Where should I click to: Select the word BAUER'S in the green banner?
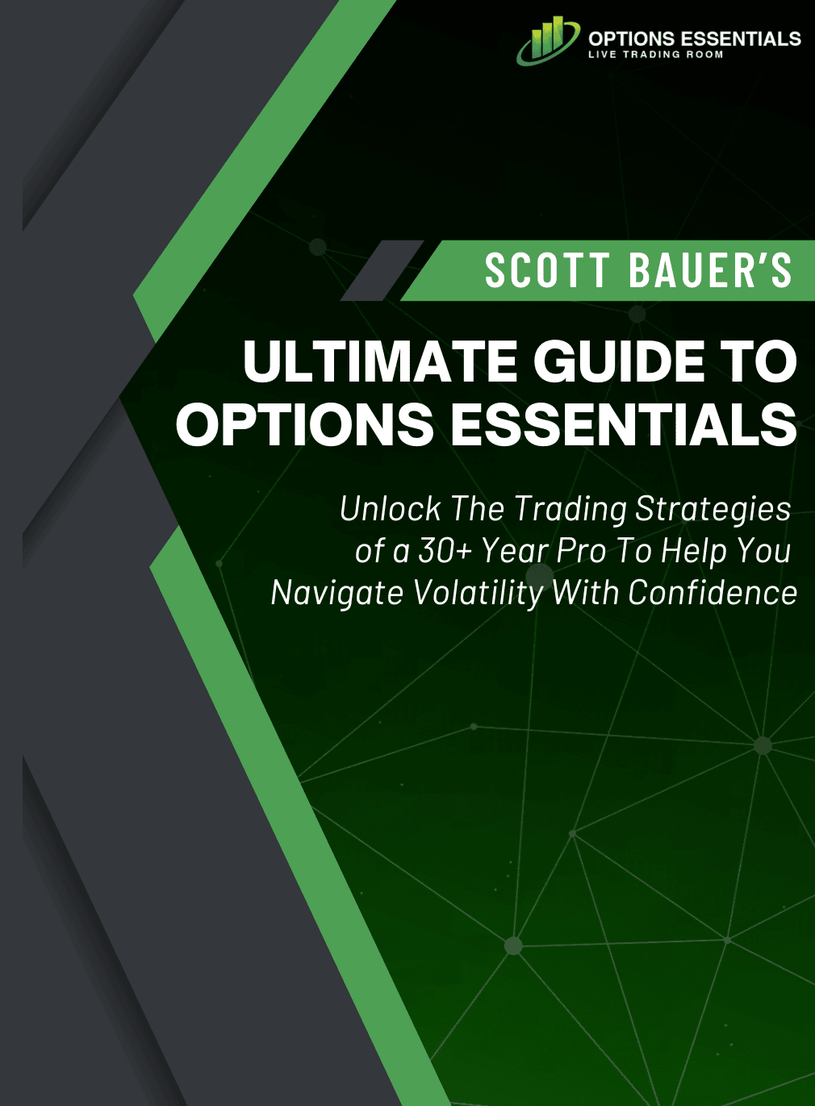[x=710, y=270]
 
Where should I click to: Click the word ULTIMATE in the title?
[x=379, y=361]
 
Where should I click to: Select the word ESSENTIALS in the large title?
[x=624, y=424]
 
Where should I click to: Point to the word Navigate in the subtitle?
[x=336, y=595]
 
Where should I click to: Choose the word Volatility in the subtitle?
[x=479, y=595]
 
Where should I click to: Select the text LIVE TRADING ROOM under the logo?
[x=655, y=54]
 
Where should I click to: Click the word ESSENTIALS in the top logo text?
[x=740, y=39]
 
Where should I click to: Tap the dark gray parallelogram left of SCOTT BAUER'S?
[x=382, y=270]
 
